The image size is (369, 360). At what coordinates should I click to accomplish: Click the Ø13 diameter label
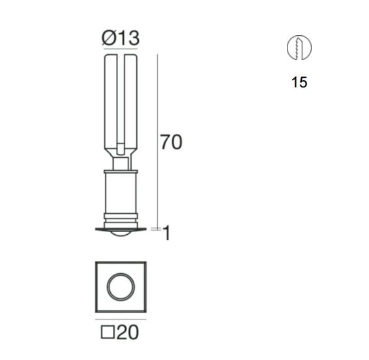[121, 38]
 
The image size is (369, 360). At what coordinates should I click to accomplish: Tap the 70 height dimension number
[171, 142]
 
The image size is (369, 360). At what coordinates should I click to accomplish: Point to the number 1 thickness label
[166, 233]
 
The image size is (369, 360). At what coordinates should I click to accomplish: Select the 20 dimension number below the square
[128, 332]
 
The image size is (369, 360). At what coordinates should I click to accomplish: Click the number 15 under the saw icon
[299, 82]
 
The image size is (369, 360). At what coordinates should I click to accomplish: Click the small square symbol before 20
[108, 332]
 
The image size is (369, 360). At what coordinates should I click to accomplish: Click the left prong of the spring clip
[111, 104]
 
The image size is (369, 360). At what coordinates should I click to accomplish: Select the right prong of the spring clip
[131, 104]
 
